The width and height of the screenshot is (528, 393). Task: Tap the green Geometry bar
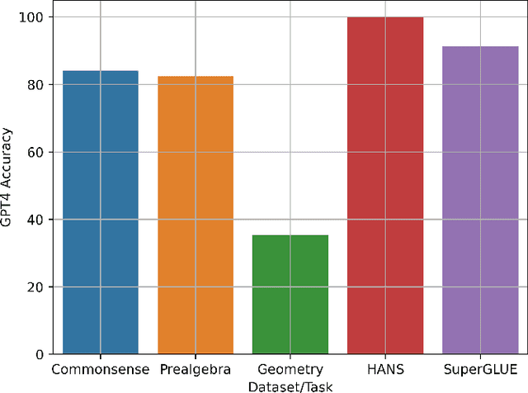tap(290, 295)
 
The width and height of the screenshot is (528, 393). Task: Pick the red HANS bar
tap(385, 186)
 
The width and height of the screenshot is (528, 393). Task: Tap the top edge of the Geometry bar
tap(290, 235)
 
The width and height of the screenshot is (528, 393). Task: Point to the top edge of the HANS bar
tap(385, 17)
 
